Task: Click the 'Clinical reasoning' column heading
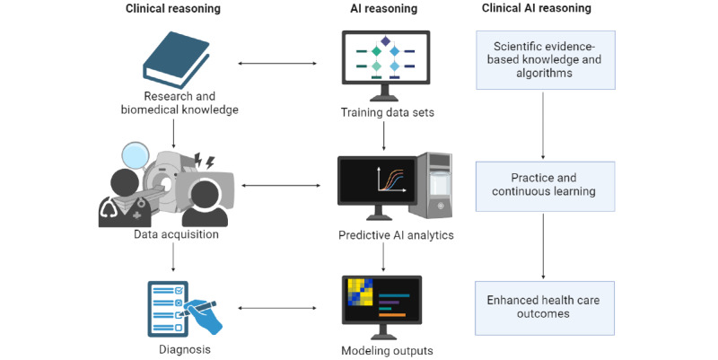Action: pyautogui.click(x=173, y=9)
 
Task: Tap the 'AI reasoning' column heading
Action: pyautogui.click(x=384, y=9)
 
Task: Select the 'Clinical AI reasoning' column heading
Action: pyautogui.click(x=536, y=8)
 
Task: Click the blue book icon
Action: pyautogui.click(x=176, y=60)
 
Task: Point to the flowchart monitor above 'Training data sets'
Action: pyautogui.click(x=386, y=65)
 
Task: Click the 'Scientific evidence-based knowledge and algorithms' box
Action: pyautogui.click(x=546, y=60)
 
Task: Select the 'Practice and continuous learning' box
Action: pyautogui.click(x=545, y=187)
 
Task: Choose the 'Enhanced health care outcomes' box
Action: pyautogui.click(x=545, y=308)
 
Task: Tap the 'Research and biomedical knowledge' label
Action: pyautogui.click(x=179, y=103)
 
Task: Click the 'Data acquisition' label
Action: pyautogui.click(x=176, y=234)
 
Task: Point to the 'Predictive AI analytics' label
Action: pyautogui.click(x=396, y=235)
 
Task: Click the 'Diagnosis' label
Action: pyautogui.click(x=185, y=349)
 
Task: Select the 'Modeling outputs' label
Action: pyautogui.click(x=387, y=351)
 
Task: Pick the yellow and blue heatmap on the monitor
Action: pyautogui.click(x=361, y=292)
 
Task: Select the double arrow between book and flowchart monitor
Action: pyautogui.click(x=277, y=63)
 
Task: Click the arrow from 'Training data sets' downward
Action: pyautogui.click(x=384, y=136)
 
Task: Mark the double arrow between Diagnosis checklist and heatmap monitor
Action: pyautogui.click(x=277, y=308)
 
